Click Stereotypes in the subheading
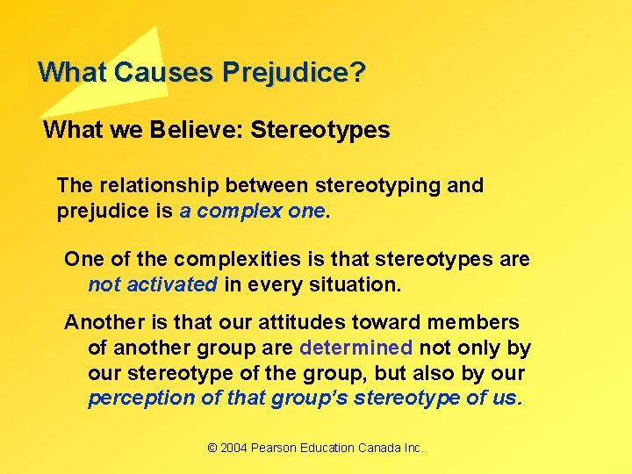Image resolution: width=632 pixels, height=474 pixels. (x=320, y=131)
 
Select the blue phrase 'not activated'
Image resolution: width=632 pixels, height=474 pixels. (x=152, y=284)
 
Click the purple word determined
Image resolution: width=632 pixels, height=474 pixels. (x=355, y=348)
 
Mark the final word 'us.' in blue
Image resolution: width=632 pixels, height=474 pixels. (x=508, y=399)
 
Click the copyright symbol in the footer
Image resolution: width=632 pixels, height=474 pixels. (x=212, y=449)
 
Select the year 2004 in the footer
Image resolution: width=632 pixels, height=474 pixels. (x=233, y=449)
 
